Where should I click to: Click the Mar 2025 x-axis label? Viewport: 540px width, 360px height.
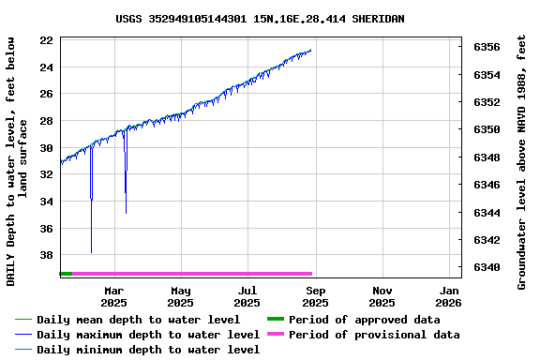click(113, 296)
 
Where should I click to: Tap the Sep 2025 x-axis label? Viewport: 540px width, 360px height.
click(315, 296)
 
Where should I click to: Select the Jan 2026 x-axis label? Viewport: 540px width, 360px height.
click(449, 296)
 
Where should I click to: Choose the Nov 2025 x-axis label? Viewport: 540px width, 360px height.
click(382, 296)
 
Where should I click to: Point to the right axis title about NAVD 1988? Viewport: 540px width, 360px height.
click(522, 161)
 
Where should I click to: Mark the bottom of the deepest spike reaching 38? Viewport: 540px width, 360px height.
click(91, 252)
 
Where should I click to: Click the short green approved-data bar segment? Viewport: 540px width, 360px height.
click(66, 274)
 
